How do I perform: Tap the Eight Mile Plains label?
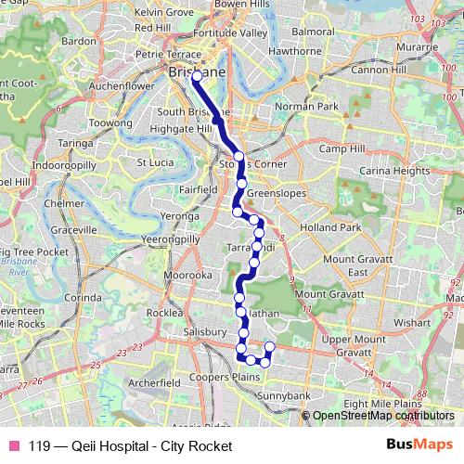tap(382, 405)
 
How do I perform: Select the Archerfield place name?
tap(154, 381)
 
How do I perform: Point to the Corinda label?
tap(83, 297)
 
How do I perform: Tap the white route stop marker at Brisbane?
tap(197, 78)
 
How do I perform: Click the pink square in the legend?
tap(14, 446)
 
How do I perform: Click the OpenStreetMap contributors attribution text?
tap(382, 416)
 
